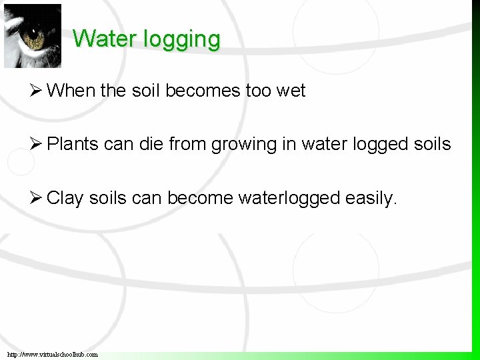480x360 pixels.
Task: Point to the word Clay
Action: pos(65,198)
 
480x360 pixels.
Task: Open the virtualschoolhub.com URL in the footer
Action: pos(53,354)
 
